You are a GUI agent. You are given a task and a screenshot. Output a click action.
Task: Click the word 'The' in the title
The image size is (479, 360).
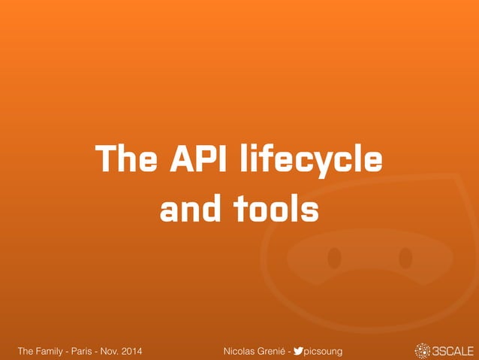click(121, 160)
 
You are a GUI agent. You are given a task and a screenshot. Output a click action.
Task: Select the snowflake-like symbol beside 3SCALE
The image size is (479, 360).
click(423, 350)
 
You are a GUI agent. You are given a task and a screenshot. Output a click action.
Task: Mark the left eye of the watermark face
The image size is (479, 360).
click(335, 259)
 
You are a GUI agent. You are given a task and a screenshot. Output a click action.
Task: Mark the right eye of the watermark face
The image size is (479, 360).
click(405, 259)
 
